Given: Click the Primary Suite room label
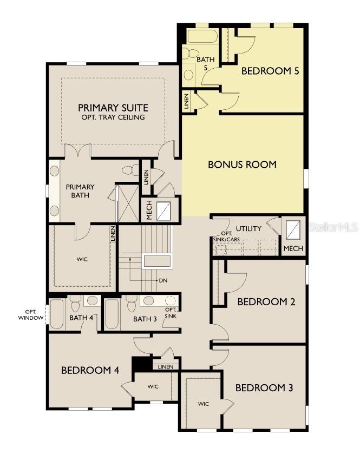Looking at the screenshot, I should point(113,107).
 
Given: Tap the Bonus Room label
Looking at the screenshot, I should point(242,165).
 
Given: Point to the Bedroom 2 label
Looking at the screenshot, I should point(266,302).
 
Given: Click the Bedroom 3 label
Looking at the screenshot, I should point(264,387).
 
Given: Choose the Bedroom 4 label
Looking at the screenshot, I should point(90,370).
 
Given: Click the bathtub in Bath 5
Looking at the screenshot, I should point(202,37).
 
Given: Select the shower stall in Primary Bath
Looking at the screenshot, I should point(128,203).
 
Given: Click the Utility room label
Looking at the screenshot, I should point(248,228).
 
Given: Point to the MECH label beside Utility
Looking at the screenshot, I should point(293,249).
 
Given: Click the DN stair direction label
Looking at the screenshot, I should point(163,281).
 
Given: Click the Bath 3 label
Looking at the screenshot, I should point(145,319).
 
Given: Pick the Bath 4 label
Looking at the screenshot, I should point(81,318).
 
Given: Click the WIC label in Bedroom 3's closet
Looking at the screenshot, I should point(204,404).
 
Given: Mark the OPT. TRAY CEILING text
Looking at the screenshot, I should point(113,117).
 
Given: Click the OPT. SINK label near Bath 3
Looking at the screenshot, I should point(171,312).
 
